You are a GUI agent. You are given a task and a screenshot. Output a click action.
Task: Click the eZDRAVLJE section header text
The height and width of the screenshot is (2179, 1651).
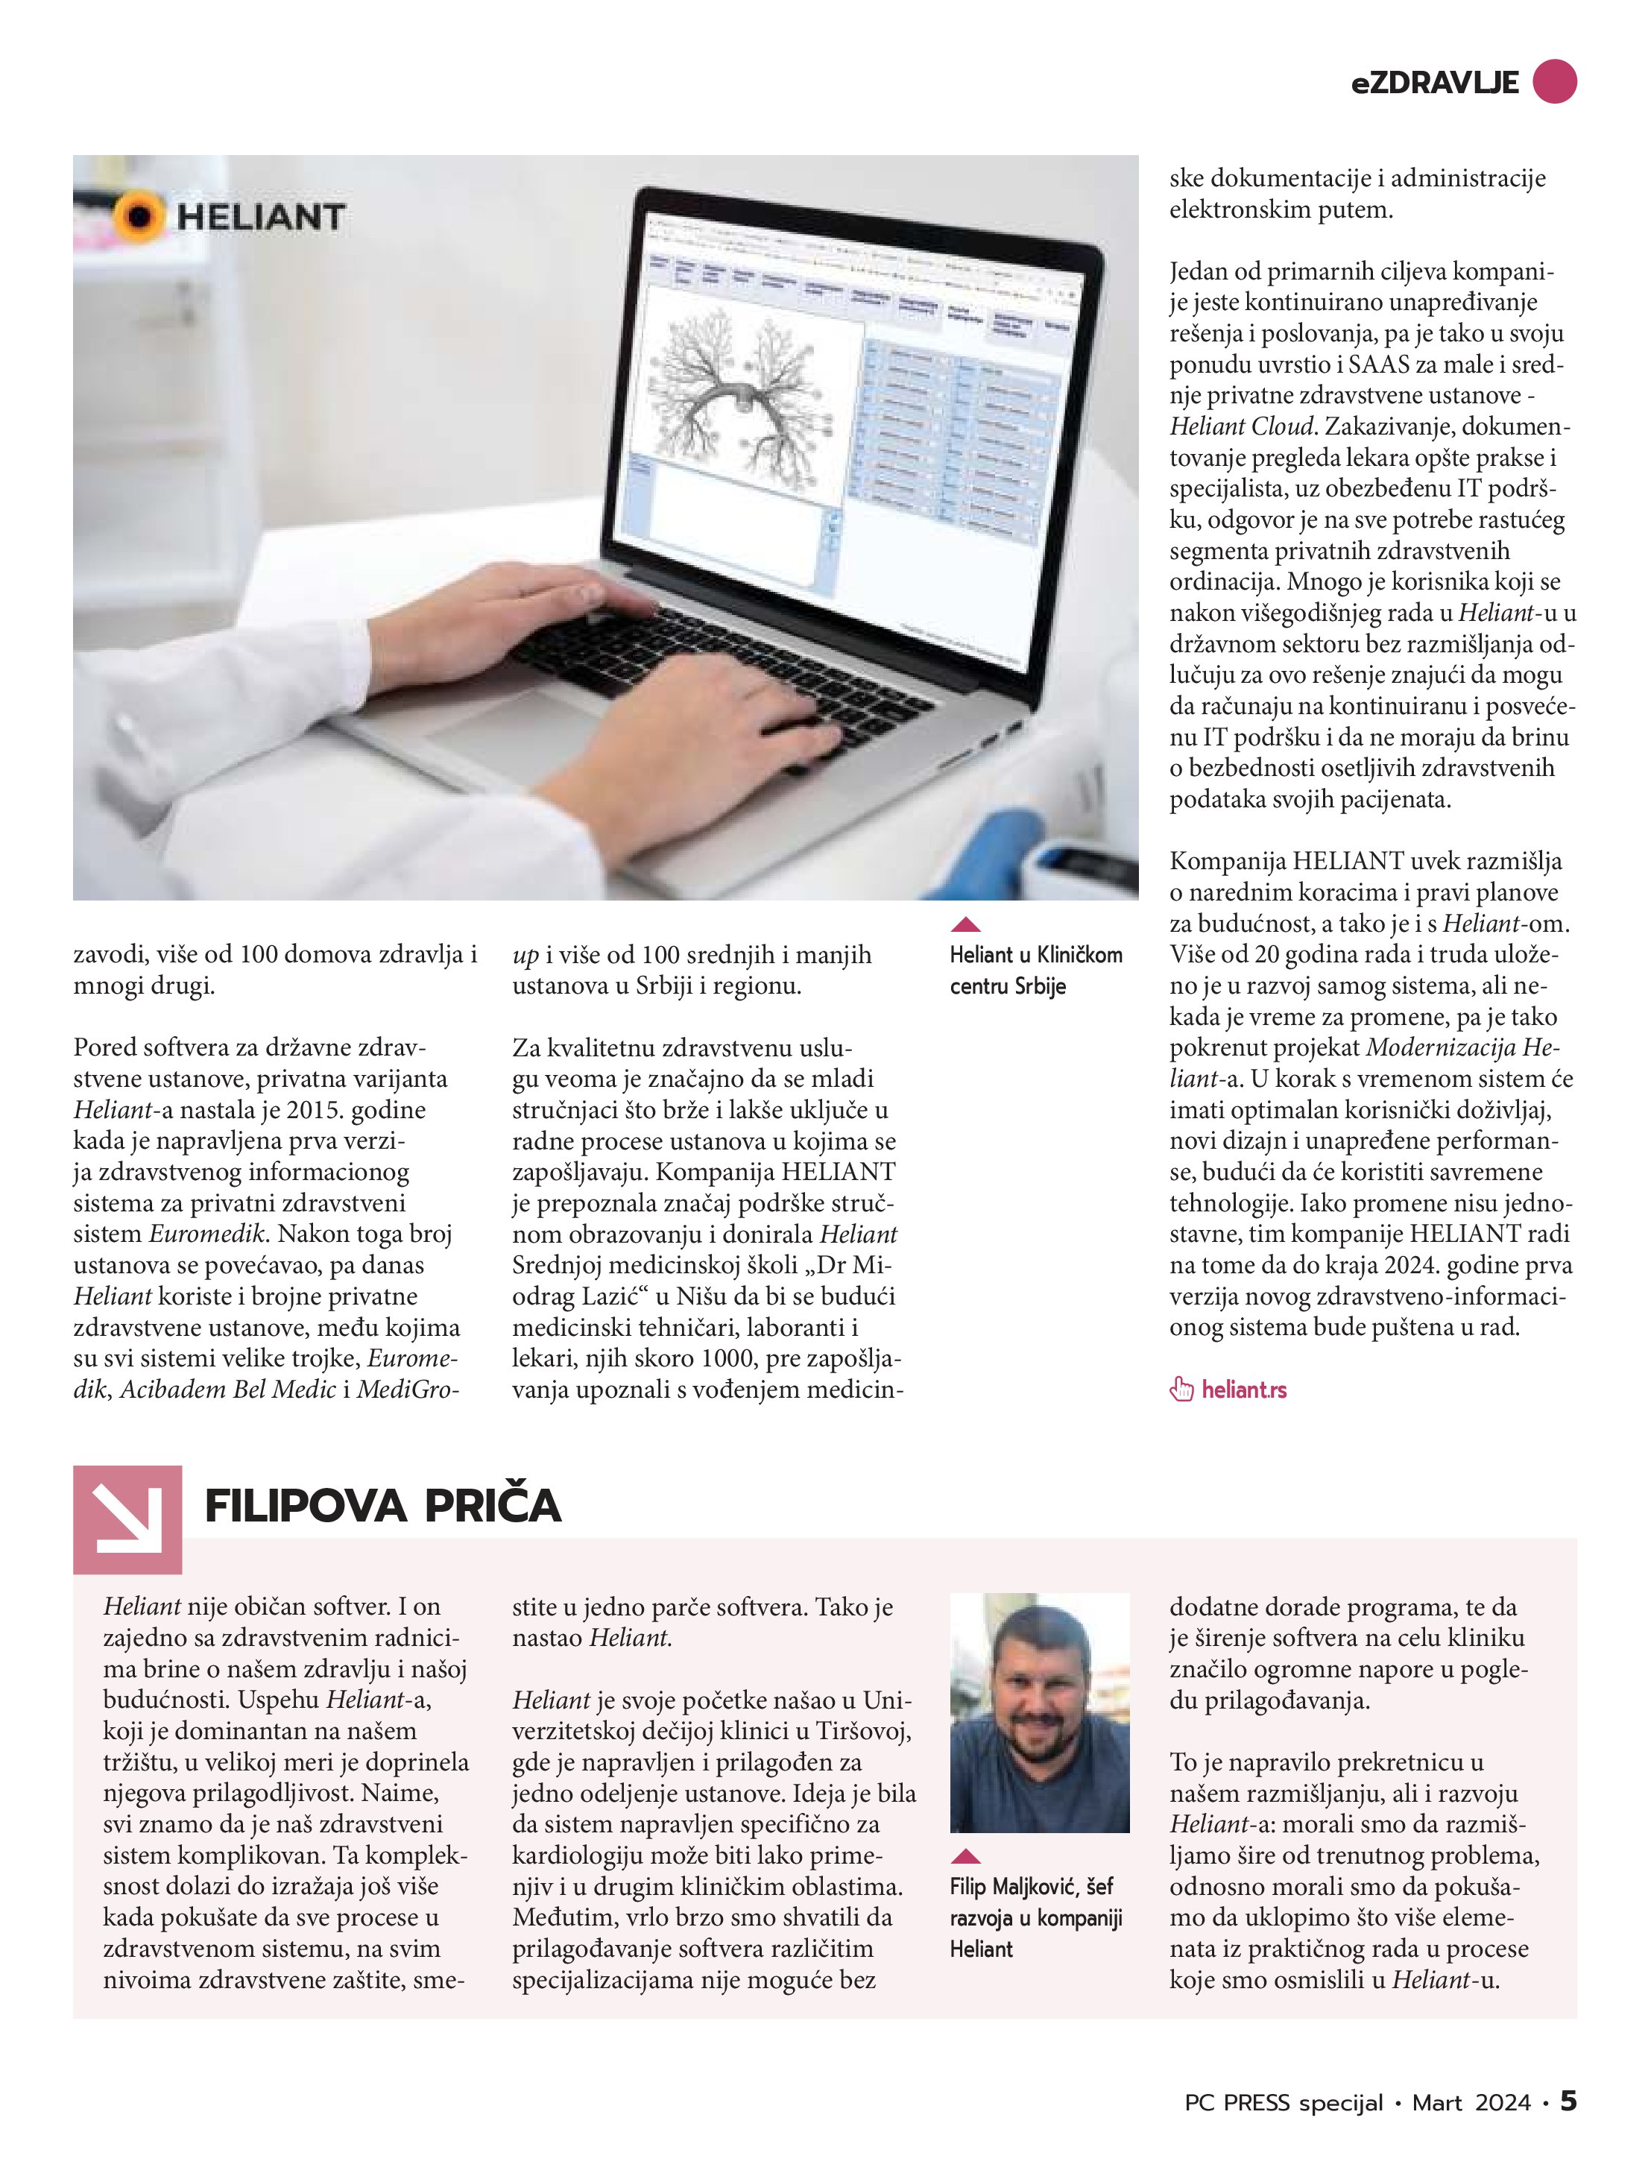1433,83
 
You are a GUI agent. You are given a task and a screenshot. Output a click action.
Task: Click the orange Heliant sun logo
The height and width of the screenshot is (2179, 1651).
139,215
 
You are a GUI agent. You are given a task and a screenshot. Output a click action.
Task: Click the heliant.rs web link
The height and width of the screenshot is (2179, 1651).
1244,1390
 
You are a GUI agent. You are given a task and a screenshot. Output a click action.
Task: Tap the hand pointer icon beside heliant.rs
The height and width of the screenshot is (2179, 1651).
1181,1390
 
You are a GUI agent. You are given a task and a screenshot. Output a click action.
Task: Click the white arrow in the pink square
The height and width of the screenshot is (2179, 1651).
127,1518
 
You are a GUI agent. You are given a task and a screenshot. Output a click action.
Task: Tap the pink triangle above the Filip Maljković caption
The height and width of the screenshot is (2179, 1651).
965,1856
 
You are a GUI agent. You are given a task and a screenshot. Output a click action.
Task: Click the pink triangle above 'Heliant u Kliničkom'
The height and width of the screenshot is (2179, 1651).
965,924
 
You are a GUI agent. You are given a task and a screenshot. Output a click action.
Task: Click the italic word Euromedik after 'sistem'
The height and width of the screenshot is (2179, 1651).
207,1234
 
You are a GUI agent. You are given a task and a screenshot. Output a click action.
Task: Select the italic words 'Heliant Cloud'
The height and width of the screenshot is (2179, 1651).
1241,426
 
